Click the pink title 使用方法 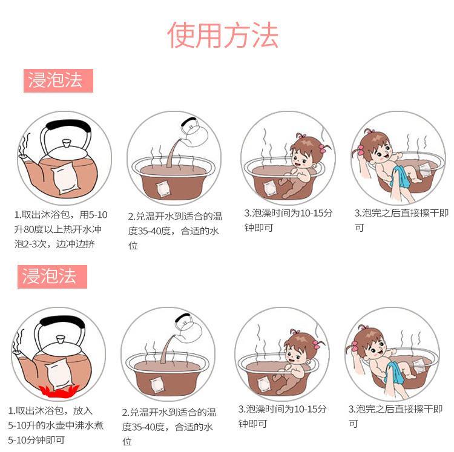223,36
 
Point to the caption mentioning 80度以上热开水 61,229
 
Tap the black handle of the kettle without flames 68,126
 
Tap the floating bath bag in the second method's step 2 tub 160,384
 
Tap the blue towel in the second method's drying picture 396,372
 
